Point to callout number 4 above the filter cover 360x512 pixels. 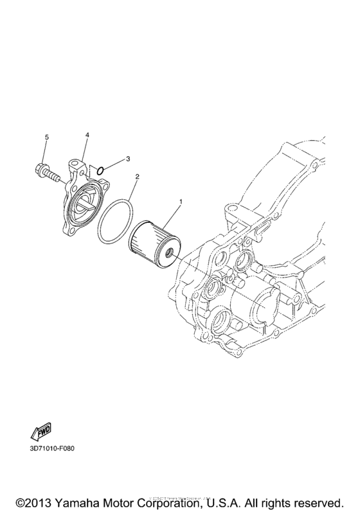click(x=87, y=135)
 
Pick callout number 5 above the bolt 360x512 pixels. click(x=46, y=137)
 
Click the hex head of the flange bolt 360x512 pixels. click(x=38, y=171)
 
